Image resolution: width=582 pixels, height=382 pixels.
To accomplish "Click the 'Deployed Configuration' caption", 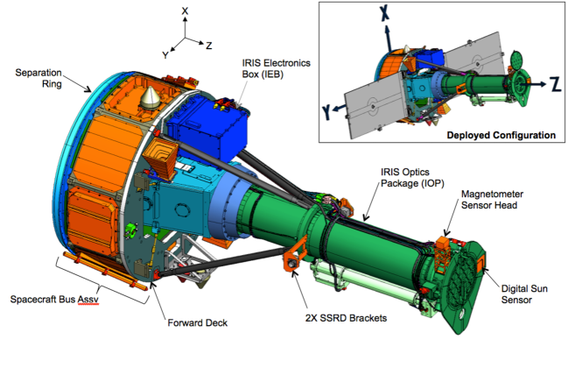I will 501,135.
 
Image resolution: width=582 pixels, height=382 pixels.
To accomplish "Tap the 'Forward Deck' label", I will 197,322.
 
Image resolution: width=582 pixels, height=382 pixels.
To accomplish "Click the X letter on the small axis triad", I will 183,11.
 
